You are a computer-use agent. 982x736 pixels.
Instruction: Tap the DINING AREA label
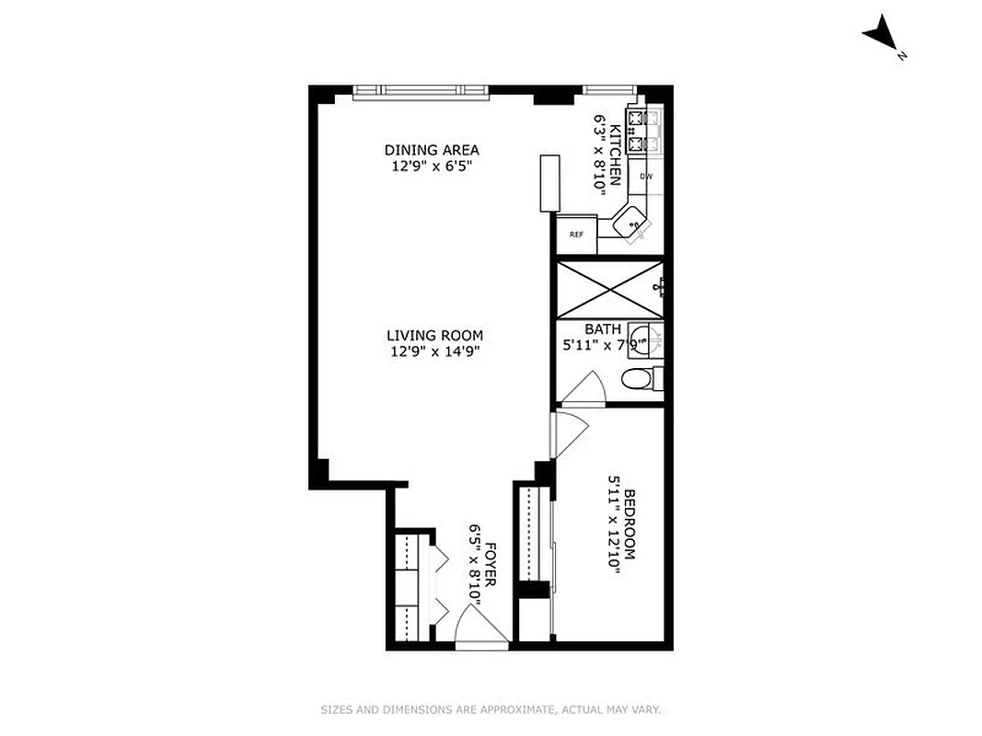[432, 150]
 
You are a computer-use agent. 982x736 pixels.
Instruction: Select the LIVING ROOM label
[434, 336]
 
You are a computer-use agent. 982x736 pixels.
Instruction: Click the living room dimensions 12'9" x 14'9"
[434, 351]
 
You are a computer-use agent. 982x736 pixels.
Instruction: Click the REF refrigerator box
[576, 234]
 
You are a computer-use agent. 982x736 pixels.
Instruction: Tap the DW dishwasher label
[646, 176]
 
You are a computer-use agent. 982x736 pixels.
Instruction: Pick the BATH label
[603, 329]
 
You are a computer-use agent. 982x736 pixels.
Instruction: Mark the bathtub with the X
[609, 288]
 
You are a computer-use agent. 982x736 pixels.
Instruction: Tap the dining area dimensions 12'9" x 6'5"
[432, 166]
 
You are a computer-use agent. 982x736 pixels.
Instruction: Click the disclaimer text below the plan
[491, 709]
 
